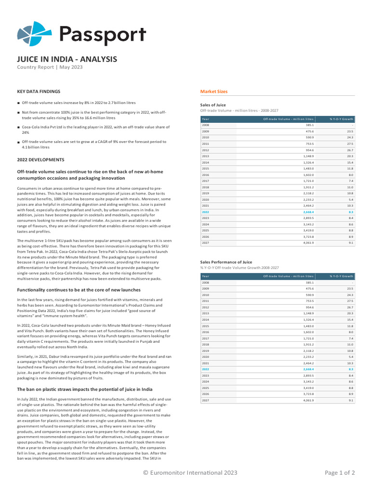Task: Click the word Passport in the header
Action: coord(102,35)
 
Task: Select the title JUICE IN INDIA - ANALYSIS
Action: coord(67,59)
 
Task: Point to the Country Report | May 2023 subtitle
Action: coord(50,67)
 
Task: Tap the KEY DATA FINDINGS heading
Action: coord(39,91)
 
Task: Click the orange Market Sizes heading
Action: coord(214,91)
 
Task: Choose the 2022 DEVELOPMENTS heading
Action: coord(40,159)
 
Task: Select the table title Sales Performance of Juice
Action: coord(226,262)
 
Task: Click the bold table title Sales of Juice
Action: coord(213,105)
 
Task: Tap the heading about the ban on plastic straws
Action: coord(85,389)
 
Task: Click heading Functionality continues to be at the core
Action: coord(79,290)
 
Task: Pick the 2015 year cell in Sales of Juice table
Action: coord(205,169)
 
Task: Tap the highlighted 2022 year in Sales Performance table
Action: coord(205,369)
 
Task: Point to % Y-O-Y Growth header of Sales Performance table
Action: coord(341,276)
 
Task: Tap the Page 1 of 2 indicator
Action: coord(340,473)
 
